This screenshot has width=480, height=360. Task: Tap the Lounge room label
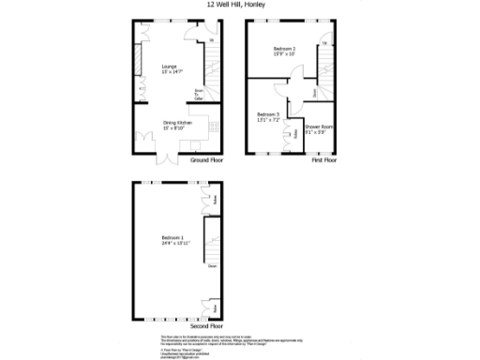tap(170, 69)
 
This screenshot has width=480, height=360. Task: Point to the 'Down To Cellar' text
tap(198, 94)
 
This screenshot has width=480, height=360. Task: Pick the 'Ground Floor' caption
tap(207, 160)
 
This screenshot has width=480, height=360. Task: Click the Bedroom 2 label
tap(284, 51)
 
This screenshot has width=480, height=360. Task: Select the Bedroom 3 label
tap(268, 117)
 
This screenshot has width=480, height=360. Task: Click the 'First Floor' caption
tap(324, 160)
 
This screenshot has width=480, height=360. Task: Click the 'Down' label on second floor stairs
tap(212, 267)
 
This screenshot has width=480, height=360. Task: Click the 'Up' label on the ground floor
tap(212, 40)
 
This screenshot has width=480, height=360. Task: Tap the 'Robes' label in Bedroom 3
tap(295, 134)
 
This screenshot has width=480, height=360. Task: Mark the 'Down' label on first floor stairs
tap(313, 92)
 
